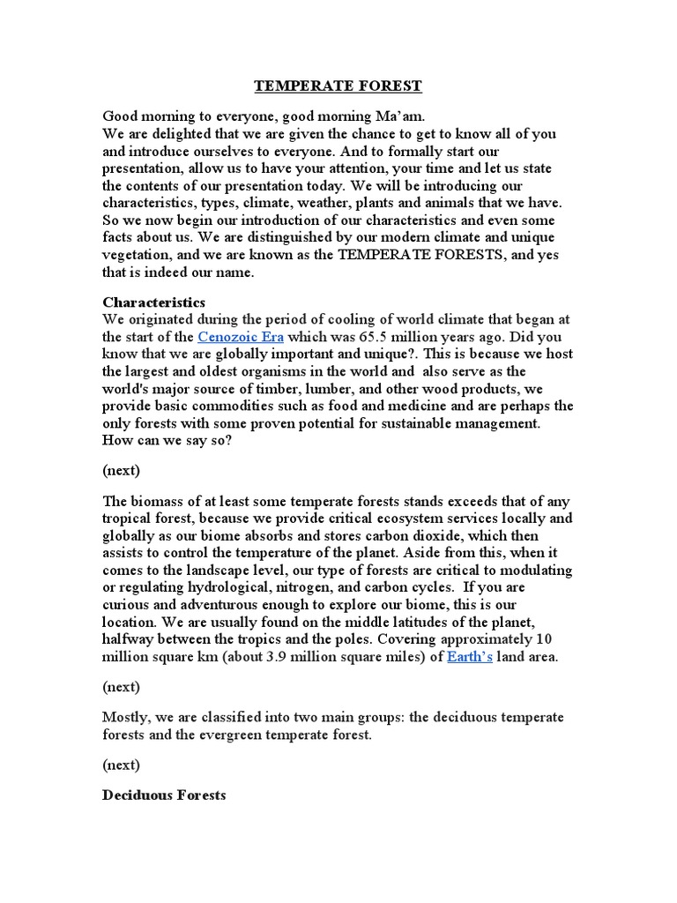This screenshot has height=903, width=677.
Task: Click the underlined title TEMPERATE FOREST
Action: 338,86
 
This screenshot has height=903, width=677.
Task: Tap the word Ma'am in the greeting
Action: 382,116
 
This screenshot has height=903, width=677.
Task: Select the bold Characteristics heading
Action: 153,302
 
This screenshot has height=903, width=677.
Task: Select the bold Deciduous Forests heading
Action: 164,795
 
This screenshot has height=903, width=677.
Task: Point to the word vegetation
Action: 138,255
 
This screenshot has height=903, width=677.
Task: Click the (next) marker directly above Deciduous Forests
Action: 121,765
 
